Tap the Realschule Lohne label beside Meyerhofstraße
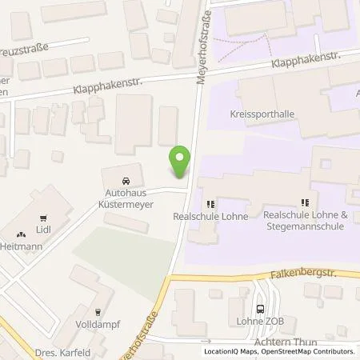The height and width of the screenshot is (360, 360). coord(210,216)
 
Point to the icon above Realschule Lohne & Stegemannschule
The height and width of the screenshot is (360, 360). coord(304,204)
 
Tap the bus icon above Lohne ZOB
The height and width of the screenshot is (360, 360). coord(261,310)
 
